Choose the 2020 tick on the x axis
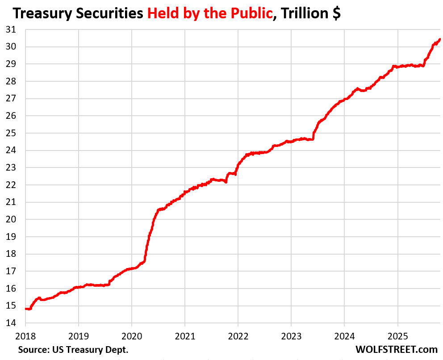coord(132,335)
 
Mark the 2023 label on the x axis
coord(291,335)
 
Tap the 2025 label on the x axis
coord(397,335)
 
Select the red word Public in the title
coord(251,13)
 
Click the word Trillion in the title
coord(303,13)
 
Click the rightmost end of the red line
coord(440,39)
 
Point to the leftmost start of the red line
coord(26,308)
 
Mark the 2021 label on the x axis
coord(185,335)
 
